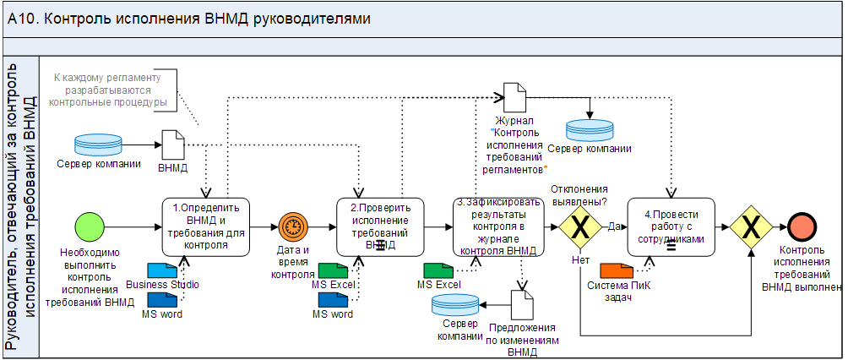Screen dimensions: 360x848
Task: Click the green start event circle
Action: pos(89,226)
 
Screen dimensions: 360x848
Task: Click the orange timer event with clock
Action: pos(292,226)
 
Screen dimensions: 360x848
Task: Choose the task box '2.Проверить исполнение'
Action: pos(380,226)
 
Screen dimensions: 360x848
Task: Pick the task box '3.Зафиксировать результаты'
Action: pos(497,226)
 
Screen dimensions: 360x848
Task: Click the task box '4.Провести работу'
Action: pos(671,226)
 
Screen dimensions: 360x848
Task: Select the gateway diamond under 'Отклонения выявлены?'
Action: pos(580,226)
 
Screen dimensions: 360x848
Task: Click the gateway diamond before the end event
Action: pos(752,226)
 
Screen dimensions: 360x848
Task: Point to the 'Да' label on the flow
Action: pos(614,226)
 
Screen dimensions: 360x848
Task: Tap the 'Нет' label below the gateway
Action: pos(580,260)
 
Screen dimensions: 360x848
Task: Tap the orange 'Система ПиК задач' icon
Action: pos(614,270)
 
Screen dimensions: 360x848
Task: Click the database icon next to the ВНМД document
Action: pos(99,144)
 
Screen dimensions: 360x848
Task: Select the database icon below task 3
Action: pos(454,304)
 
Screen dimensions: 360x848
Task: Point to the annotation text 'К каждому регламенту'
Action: pos(106,78)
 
